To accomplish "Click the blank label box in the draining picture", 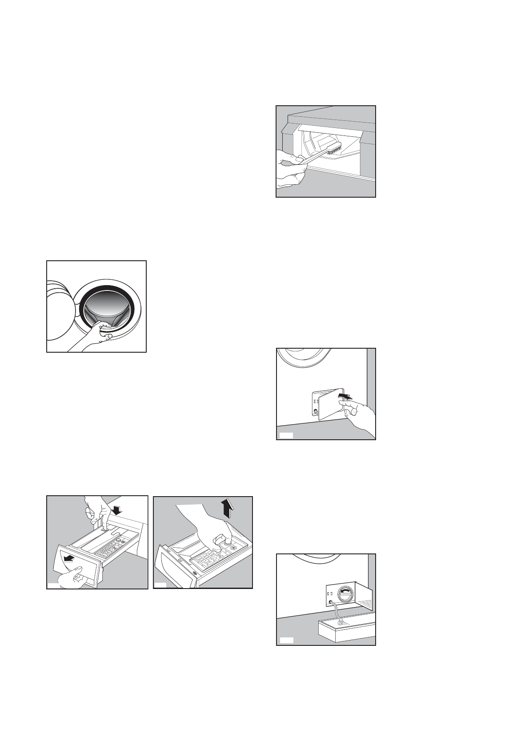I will coord(287,640).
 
